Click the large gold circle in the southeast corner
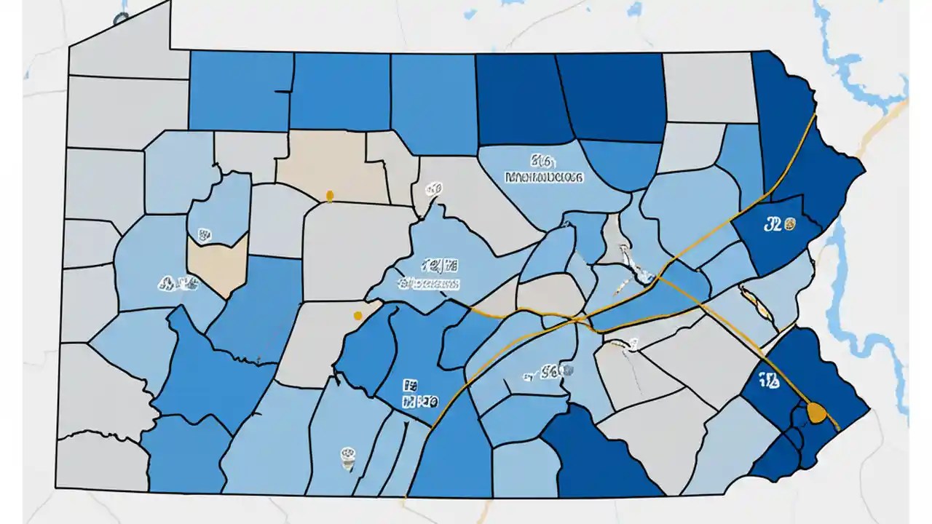click(817, 413)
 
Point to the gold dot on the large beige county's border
click(329, 195)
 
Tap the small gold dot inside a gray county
click(357, 315)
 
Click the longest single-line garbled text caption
click(544, 176)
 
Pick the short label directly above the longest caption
click(543, 160)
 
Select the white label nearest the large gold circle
click(770, 380)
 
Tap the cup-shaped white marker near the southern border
click(348, 456)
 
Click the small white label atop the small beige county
click(204, 235)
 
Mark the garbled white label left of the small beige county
click(175, 282)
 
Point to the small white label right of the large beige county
click(434, 189)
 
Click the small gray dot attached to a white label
click(569, 371)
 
